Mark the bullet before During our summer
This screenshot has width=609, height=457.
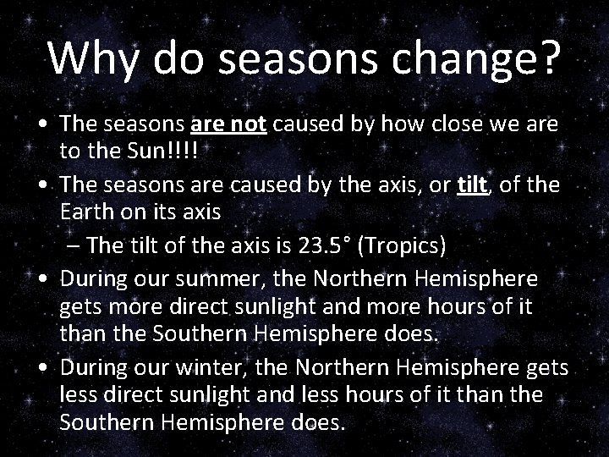41,278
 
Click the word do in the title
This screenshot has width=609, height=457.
181,58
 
